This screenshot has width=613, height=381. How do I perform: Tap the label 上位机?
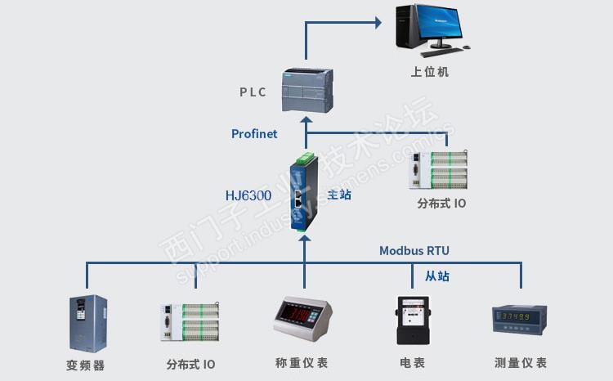click(430, 72)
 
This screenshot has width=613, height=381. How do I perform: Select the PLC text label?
click(253, 92)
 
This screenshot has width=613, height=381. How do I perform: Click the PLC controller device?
click(306, 88)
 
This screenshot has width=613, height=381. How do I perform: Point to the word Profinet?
click(254, 134)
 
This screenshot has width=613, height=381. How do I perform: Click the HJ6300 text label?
click(248, 196)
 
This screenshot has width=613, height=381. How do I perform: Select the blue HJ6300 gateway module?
click(303, 193)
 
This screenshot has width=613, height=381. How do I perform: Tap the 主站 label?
click(339, 196)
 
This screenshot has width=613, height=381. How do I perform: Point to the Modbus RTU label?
click(414, 251)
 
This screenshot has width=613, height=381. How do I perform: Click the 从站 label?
click(437, 276)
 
